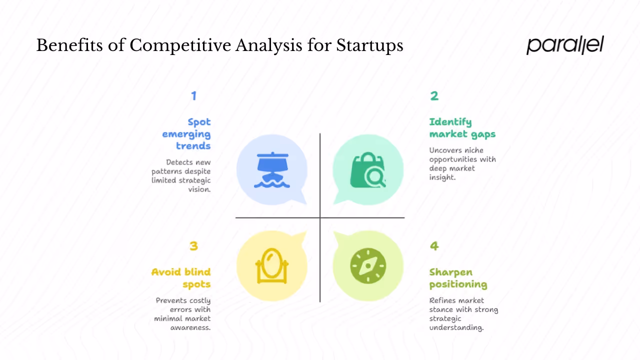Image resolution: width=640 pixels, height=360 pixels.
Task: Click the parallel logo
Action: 565,45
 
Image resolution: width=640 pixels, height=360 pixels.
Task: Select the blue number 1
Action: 194,95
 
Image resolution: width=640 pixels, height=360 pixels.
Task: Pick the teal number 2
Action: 434,95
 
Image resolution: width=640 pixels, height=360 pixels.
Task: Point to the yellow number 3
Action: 194,245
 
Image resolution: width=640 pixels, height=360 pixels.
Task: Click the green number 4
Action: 434,245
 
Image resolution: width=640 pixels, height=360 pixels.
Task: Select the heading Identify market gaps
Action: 462,128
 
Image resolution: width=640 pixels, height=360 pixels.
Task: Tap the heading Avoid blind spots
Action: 181,278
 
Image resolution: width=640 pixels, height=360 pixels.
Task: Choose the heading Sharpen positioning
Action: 457,278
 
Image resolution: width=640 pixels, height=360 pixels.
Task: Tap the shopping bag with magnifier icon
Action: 368,170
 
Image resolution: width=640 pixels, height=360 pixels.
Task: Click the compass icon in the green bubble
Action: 368,265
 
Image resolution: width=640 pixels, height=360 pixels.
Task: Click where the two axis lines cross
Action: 320,218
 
